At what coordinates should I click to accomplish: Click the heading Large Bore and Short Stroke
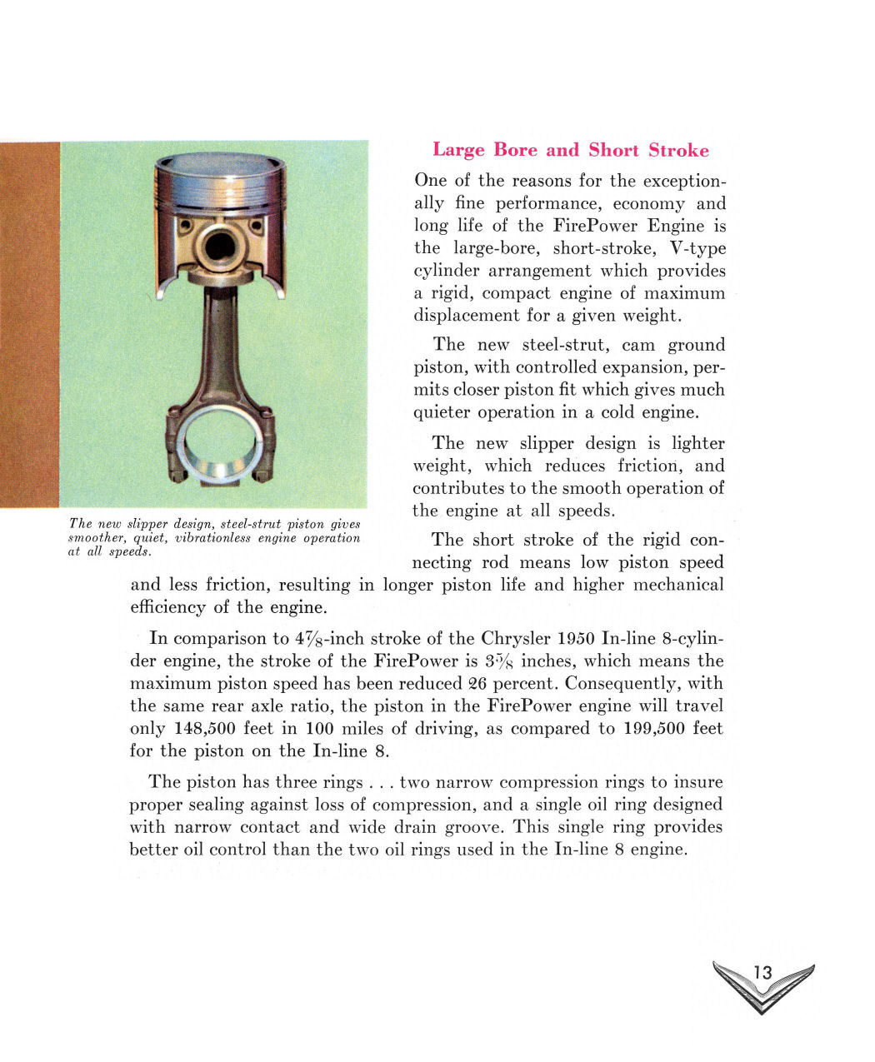pos(571,150)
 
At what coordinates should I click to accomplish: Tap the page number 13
pos(762,972)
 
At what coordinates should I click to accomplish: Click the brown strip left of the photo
pos(30,325)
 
